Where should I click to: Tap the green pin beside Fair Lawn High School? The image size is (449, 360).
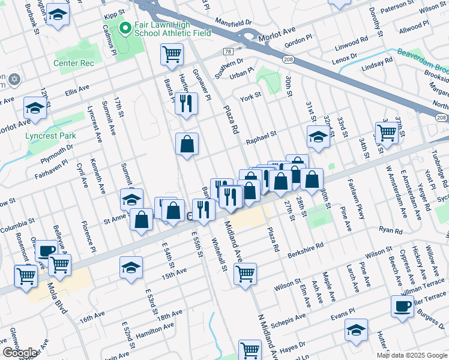[125, 28]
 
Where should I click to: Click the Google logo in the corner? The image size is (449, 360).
[19, 353]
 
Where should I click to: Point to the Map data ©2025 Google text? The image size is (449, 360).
[412, 355]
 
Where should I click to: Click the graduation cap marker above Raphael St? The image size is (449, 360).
[318, 137]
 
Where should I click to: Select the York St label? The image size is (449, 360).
[250, 95]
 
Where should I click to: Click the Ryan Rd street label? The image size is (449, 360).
[390, 230]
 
